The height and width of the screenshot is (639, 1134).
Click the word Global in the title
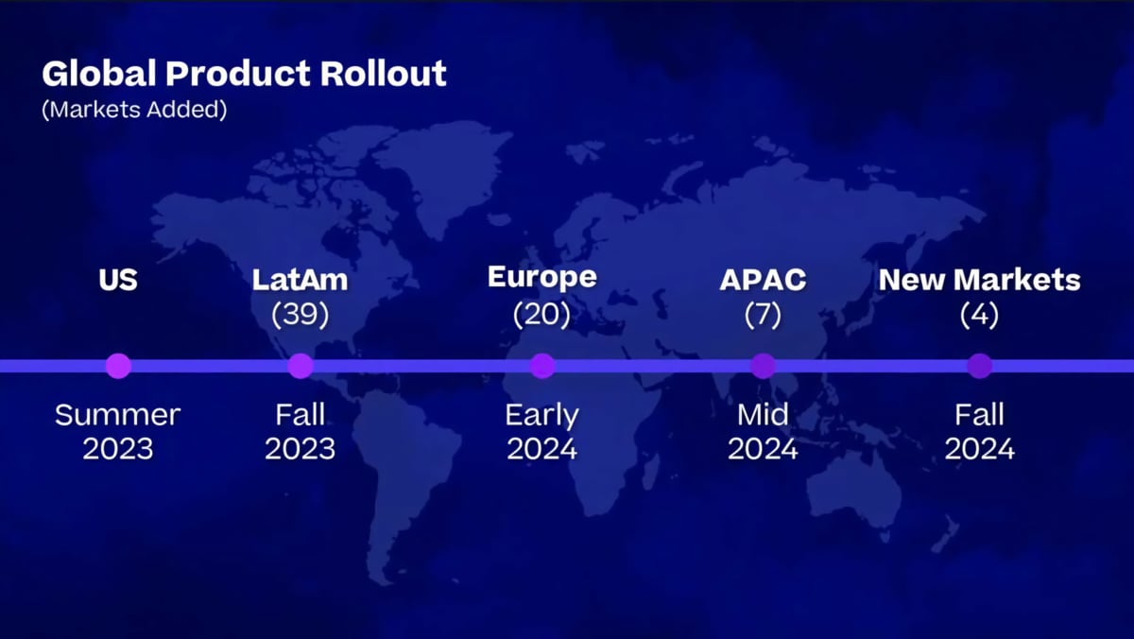99,74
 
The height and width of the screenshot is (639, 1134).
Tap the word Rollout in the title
384,74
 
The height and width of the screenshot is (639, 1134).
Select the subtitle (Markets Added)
134,110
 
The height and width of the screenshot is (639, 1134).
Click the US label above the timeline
118,280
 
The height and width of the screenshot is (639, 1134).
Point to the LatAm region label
301,280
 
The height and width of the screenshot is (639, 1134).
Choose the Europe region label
542,278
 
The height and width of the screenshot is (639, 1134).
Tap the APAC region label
763,280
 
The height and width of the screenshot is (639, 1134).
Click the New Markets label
980,280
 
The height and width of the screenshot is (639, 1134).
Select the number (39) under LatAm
301,315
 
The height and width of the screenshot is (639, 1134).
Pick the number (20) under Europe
542,315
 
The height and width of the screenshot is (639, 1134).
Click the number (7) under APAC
763,315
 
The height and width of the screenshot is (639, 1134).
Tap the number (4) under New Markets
980,315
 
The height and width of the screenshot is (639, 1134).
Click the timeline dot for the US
118,366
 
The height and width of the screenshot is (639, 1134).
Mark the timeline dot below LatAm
301,366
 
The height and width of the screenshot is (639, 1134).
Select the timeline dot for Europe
542,366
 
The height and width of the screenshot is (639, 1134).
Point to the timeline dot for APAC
764,366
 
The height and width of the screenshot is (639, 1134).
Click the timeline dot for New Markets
980,366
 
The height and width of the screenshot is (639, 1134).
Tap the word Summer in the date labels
117,415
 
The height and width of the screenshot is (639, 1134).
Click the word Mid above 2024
763,415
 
